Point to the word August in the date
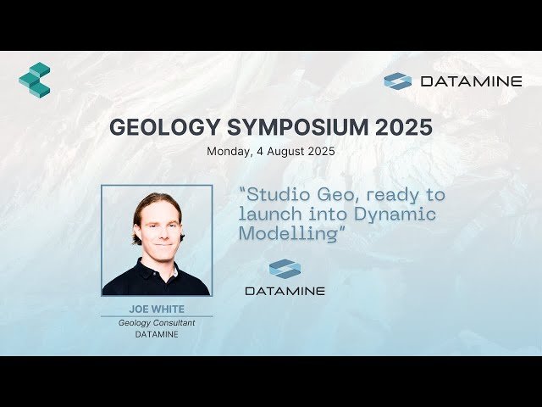[285, 153]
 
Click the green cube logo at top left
[35, 80]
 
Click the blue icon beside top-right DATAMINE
[397, 81]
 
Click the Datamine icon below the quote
[285, 269]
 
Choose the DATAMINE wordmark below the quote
[285, 291]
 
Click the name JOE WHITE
[157, 309]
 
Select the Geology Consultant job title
[157, 322]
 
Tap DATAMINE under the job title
[157, 334]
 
